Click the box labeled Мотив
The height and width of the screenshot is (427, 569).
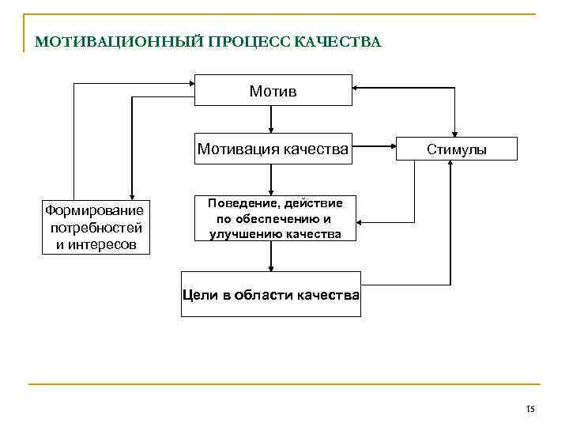[273, 91]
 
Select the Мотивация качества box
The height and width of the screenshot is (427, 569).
[273, 148]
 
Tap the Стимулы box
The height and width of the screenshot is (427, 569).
[457, 149]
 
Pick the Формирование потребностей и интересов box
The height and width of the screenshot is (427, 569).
[95, 227]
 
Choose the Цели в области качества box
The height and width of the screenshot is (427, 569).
[271, 295]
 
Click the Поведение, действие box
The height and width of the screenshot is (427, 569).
[275, 218]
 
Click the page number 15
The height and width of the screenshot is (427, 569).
[530, 409]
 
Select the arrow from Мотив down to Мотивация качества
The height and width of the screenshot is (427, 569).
[272, 119]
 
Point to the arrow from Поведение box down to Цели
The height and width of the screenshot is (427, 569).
[272, 256]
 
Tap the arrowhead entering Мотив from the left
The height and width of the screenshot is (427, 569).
[190, 81]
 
